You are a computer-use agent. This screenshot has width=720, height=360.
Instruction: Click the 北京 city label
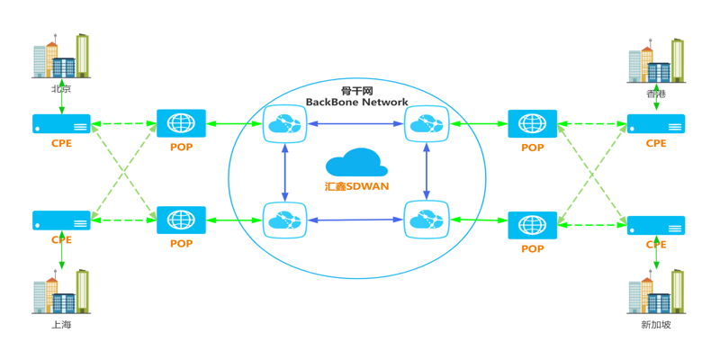(61, 90)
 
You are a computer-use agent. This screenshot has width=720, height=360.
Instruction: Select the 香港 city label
(656, 94)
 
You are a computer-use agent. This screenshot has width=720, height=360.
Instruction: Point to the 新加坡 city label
(656, 324)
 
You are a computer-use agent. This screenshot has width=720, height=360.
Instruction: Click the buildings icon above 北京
(61, 57)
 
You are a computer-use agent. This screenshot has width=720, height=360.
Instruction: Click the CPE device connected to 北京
(61, 124)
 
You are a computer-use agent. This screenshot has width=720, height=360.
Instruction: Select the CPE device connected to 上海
(61, 220)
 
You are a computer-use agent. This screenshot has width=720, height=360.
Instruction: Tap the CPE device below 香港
(656, 124)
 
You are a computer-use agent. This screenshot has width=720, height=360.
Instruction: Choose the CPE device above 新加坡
(656, 226)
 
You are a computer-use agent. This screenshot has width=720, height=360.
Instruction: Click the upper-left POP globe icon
(181, 123)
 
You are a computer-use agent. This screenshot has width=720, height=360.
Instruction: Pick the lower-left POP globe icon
(181, 220)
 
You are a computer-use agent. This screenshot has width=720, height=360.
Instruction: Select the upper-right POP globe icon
(532, 124)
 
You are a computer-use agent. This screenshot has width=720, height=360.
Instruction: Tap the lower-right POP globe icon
(532, 225)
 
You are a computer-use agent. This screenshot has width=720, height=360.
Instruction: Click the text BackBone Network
(356, 103)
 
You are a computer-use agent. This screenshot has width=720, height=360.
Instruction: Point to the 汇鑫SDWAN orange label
(356, 186)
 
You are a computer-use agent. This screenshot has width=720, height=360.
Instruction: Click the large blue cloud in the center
(356, 163)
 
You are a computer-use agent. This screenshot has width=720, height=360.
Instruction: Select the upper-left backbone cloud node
(285, 124)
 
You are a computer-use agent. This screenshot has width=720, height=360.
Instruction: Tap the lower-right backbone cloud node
(427, 220)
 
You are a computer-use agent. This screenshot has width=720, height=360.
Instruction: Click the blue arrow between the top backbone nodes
(356, 124)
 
